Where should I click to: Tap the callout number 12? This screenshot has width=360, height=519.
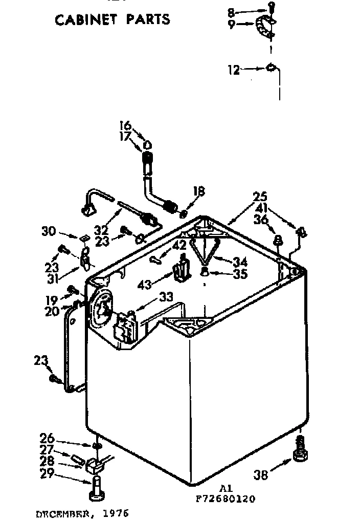pos(233,70)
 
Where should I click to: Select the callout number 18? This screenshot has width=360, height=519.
pos(199,191)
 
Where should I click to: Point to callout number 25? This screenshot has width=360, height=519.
pos(260,197)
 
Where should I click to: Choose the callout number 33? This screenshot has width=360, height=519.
pos(166,297)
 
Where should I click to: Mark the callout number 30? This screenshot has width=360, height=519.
pos(49,231)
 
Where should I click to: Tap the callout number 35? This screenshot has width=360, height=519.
pos(239,274)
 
